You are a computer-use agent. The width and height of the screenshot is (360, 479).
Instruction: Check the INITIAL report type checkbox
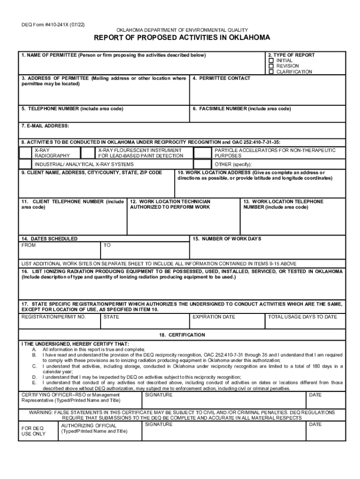[x=271, y=61]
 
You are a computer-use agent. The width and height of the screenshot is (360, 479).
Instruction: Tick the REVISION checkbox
[x=271, y=66]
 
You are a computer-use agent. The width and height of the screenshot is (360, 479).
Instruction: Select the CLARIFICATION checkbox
[x=271, y=72]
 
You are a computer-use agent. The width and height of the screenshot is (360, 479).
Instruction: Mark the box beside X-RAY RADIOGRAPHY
[x=25, y=153]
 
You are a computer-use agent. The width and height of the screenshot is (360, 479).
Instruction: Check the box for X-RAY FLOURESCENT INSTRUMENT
[x=88, y=153]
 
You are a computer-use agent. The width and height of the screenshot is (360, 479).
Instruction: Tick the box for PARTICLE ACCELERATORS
[x=202, y=153]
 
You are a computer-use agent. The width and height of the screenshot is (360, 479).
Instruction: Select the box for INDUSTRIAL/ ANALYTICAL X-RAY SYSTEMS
[x=25, y=164]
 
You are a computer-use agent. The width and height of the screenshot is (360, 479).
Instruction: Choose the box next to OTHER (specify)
[x=202, y=164]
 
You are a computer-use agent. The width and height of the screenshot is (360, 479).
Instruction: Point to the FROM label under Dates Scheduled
[x=29, y=245]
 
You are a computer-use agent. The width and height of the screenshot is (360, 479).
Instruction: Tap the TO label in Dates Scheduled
[x=107, y=245]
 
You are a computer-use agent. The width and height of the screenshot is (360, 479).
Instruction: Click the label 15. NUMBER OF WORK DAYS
[x=227, y=239]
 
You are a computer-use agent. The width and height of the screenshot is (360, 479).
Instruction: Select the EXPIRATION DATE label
[x=214, y=317]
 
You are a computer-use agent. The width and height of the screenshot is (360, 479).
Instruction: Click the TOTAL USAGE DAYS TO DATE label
[x=302, y=317]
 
